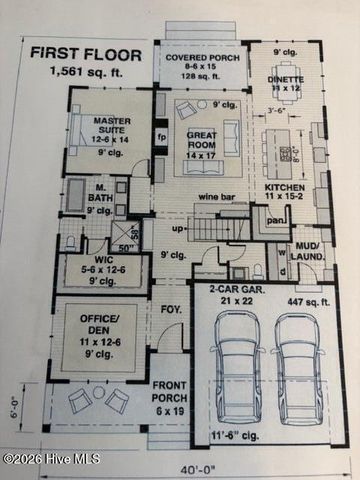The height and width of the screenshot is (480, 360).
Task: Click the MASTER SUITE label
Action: [x=105, y=126]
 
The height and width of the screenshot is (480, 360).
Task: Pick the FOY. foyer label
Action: [x=171, y=310]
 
